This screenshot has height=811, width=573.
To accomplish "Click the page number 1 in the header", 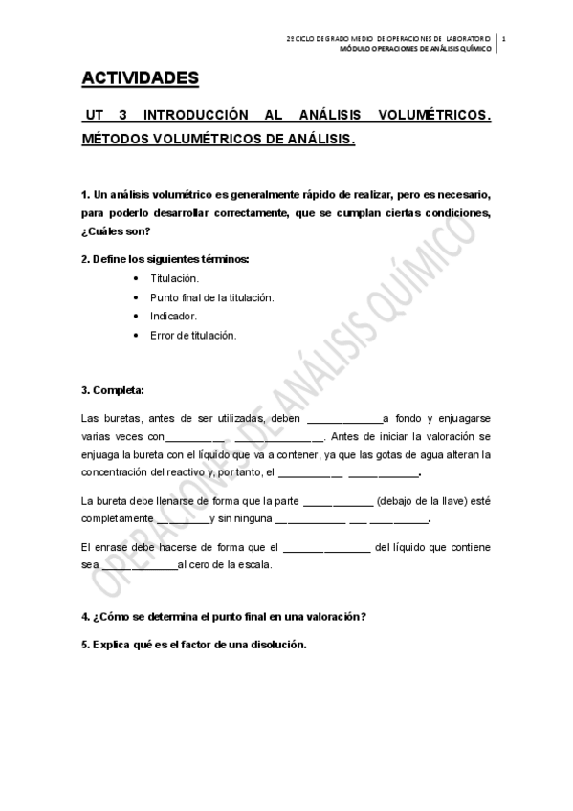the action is tap(503, 38).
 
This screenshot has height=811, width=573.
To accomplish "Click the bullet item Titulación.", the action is tap(174, 278).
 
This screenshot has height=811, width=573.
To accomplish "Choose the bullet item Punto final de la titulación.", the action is tap(211, 297).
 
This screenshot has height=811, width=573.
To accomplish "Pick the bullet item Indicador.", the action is tap(173, 316).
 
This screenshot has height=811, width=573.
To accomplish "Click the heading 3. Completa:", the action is tap(113, 389).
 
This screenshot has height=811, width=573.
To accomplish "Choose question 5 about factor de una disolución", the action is tap(194, 644).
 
